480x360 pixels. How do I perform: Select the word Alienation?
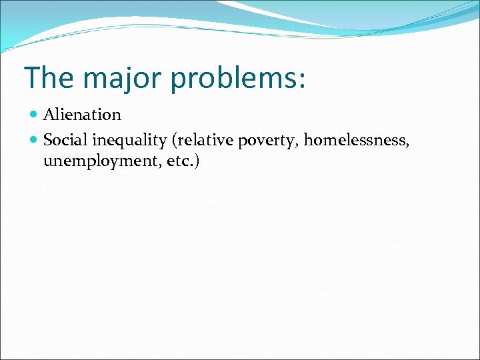tap(82, 115)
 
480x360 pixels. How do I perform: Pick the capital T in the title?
tap(31, 77)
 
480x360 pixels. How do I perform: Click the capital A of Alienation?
tap(49, 115)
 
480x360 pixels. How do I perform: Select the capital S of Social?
tap(47, 140)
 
